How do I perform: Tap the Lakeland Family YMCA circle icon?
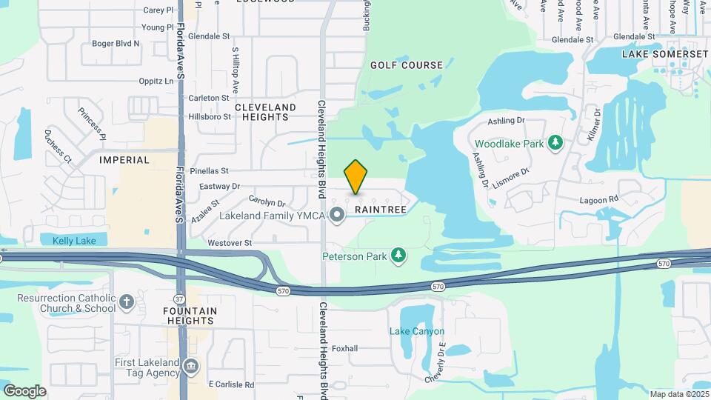coord(337,216)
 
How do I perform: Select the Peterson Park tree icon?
coord(399,256)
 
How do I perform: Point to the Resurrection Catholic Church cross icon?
coord(127,301)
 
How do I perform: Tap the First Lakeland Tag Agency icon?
coord(190,365)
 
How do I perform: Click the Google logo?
coord(24,390)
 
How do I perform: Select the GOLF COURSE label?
coord(407,65)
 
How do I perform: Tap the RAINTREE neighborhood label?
coord(381,210)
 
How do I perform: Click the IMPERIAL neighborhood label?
coord(124,159)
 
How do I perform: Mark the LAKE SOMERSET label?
coord(654,54)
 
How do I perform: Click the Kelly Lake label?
coord(74,240)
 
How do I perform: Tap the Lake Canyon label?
coord(417,331)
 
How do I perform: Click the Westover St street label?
coord(230,243)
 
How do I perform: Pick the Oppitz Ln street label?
coord(162,81)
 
